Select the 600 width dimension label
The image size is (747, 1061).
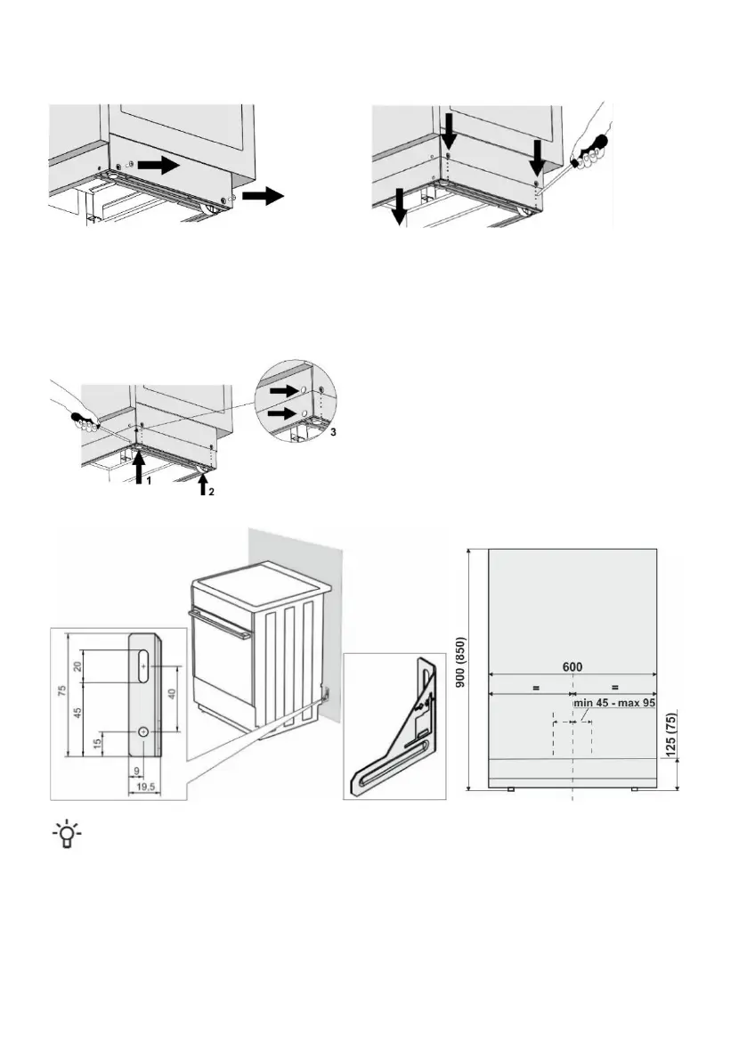point(572,667)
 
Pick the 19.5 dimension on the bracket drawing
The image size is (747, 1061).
point(139,787)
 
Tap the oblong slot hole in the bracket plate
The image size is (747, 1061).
point(142,665)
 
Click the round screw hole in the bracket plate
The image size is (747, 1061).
point(142,730)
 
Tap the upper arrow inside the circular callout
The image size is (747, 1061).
point(284,390)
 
